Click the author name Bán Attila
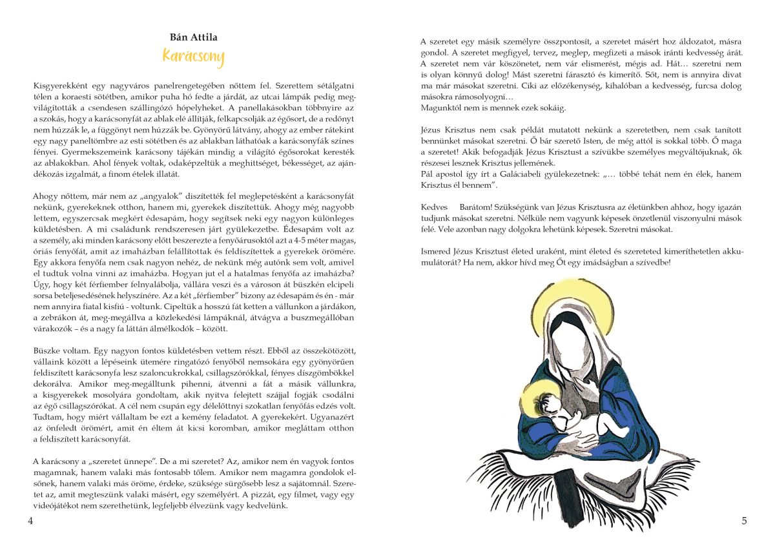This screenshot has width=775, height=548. pyautogui.click(x=193, y=38)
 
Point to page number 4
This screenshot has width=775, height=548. pyautogui.click(x=30, y=520)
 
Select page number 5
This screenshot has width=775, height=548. pyautogui.click(x=744, y=520)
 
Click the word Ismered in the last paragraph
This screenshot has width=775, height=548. pyautogui.click(x=437, y=251)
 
